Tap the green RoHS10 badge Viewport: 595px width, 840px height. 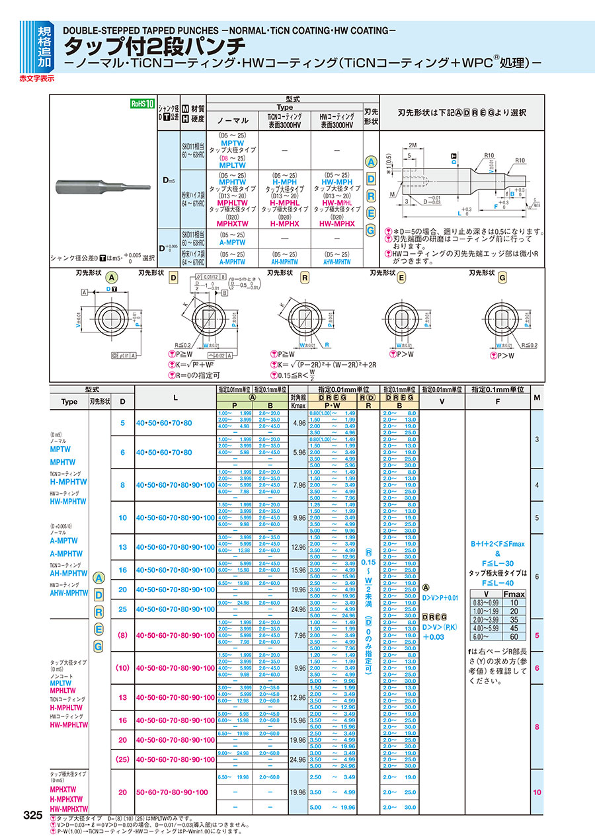point(141,104)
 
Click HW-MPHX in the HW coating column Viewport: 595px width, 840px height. point(335,223)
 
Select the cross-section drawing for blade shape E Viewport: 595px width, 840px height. point(402,315)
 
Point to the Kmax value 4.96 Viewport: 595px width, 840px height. point(298,422)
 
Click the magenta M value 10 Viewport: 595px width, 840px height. point(536,792)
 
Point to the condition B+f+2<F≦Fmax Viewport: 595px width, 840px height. point(498,543)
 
